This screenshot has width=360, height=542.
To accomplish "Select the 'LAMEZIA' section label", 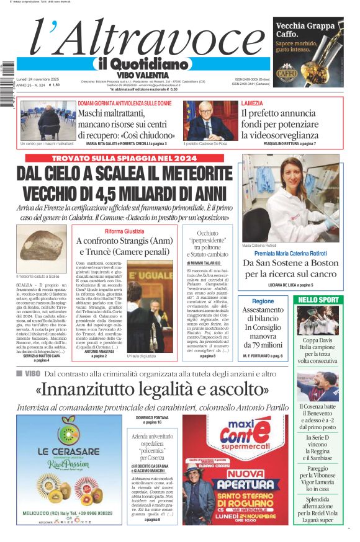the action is (x=252, y=103).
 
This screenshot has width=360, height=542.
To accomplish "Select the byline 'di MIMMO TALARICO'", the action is (x=207, y=264).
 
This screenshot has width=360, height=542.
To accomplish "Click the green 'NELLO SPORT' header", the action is (x=318, y=300).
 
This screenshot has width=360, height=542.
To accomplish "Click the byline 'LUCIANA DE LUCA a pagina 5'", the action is (x=291, y=285).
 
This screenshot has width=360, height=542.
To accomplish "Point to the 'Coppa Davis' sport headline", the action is (x=318, y=340).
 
